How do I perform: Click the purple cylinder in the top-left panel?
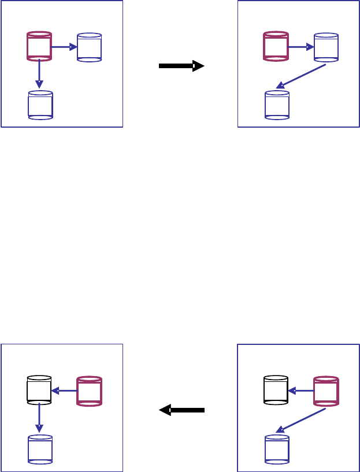[x=40, y=47]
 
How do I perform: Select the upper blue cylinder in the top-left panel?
[x=89, y=47]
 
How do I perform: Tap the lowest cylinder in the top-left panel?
[x=40, y=105]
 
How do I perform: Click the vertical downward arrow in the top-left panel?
[x=39, y=75]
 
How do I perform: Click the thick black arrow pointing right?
[x=181, y=66]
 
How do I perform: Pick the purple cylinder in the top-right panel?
[x=276, y=47]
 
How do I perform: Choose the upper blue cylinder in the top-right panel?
[x=326, y=47]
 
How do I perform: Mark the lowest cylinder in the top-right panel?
[x=277, y=105]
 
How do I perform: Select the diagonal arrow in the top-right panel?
[x=301, y=76]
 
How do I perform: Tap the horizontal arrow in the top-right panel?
[x=301, y=47]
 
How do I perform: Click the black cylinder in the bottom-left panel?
[x=40, y=391]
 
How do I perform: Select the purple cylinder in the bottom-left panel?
[x=90, y=391]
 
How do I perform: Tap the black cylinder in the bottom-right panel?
[x=276, y=391]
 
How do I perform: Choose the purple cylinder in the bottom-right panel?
[x=326, y=391]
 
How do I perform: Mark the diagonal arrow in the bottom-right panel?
[x=301, y=420]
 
